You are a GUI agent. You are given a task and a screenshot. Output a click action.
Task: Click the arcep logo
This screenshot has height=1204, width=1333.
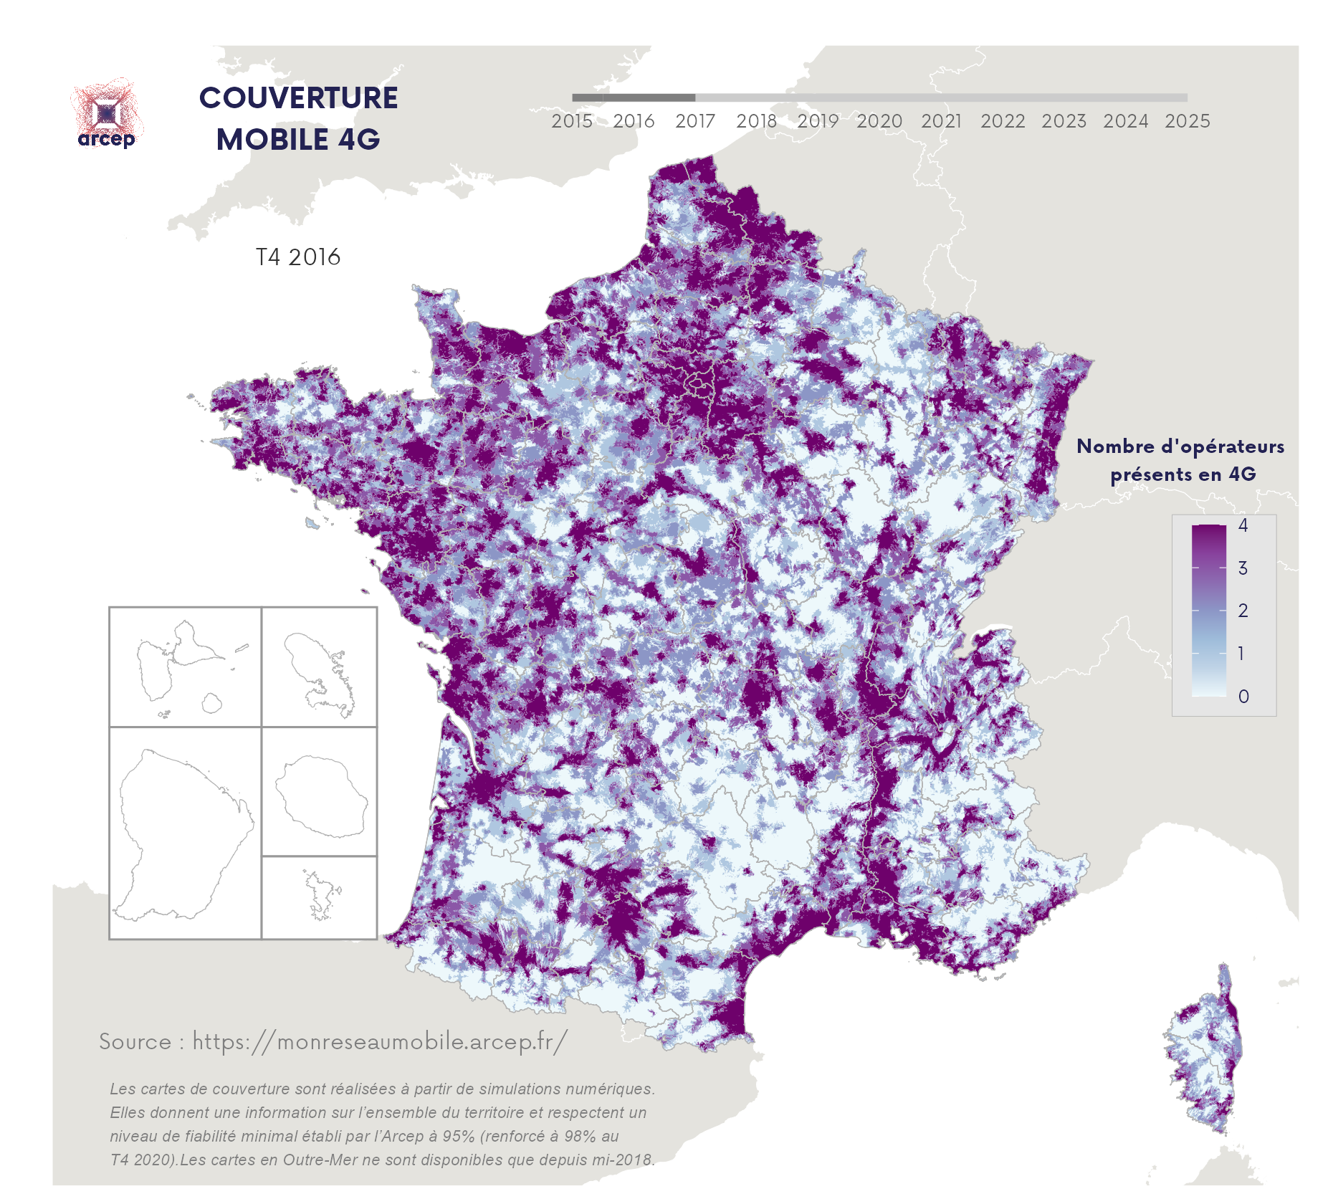107,115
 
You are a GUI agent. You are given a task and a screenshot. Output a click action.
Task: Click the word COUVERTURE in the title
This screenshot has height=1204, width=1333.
298,98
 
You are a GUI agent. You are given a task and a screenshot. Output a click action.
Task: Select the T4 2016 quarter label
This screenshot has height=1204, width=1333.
298,257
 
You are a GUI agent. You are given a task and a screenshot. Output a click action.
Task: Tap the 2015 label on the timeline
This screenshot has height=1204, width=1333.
572,121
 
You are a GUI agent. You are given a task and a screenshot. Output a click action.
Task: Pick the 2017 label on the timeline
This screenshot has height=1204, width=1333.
695,121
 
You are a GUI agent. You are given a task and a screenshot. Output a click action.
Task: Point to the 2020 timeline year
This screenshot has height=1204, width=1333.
879,121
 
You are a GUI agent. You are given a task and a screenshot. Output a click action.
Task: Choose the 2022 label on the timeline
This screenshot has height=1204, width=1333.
1003,121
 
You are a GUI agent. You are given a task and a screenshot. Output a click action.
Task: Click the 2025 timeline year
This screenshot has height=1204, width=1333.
1187,121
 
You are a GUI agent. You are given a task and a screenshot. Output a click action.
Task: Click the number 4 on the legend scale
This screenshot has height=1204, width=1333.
1243,525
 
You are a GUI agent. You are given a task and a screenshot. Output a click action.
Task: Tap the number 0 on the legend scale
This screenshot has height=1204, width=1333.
1243,697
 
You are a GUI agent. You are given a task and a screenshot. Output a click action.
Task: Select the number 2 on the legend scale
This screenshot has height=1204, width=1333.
1243,611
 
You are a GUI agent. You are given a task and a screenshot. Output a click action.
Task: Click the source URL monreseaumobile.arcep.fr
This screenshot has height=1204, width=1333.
380,1041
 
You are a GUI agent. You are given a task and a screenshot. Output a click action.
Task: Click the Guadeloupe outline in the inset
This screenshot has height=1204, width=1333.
179,663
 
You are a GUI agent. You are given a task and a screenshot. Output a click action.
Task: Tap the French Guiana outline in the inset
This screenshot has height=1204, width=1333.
183,831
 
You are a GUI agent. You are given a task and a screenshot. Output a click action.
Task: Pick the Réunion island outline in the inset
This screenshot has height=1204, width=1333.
321,795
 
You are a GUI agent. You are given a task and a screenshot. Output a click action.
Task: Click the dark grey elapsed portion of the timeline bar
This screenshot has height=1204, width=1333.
634,97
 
